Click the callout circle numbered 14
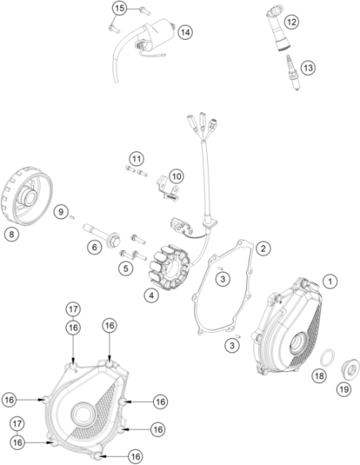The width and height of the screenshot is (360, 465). [x=185, y=33]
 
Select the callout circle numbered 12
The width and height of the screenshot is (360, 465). [x=292, y=22]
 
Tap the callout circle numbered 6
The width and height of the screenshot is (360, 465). [x=95, y=247]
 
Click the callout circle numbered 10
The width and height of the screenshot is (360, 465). [x=177, y=177]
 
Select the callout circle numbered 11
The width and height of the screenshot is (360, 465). [x=136, y=159]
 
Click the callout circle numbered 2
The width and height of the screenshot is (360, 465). [x=264, y=248]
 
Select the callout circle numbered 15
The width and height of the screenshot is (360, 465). [x=119, y=8]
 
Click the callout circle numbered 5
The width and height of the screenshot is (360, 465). [x=126, y=268]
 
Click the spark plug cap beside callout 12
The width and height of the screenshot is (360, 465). [x=279, y=27]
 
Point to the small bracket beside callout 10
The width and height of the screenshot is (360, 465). [x=167, y=189]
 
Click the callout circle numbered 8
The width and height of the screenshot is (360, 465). [x=11, y=234]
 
